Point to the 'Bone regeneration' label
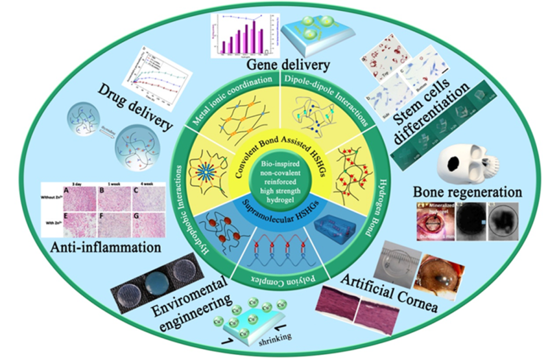coord(468,191)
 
